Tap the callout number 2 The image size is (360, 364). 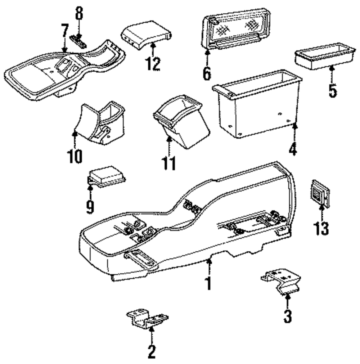click(x=152, y=351)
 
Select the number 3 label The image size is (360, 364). click(x=288, y=316)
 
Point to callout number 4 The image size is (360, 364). click(x=293, y=149)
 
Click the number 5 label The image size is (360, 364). click(x=332, y=90)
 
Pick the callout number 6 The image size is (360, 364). click(x=207, y=73)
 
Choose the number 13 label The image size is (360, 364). click(x=321, y=228)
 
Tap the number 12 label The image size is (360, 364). click(x=153, y=64)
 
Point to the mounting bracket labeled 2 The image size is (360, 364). click(x=147, y=318)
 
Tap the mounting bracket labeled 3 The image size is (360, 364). click(x=281, y=282)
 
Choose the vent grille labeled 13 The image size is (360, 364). click(x=320, y=193)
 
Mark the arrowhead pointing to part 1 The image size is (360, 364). click(x=210, y=261)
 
